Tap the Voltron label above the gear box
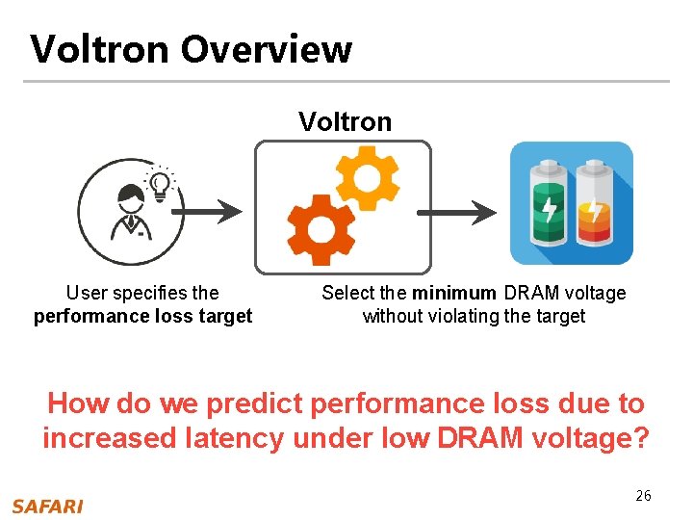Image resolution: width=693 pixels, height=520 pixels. (345, 121)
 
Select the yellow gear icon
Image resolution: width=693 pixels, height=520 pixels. (367, 177)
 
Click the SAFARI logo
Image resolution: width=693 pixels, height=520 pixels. (47, 507)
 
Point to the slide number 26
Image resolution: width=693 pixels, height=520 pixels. (643, 496)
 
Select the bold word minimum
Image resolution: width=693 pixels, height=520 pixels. (455, 293)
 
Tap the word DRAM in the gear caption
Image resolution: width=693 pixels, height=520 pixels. (527, 293)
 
